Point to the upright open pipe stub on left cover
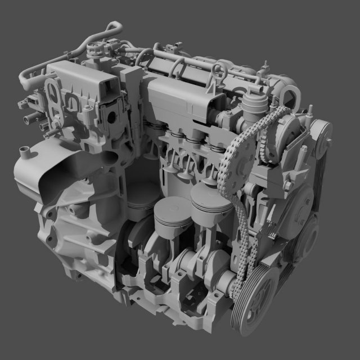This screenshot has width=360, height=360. click(x=23, y=152)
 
